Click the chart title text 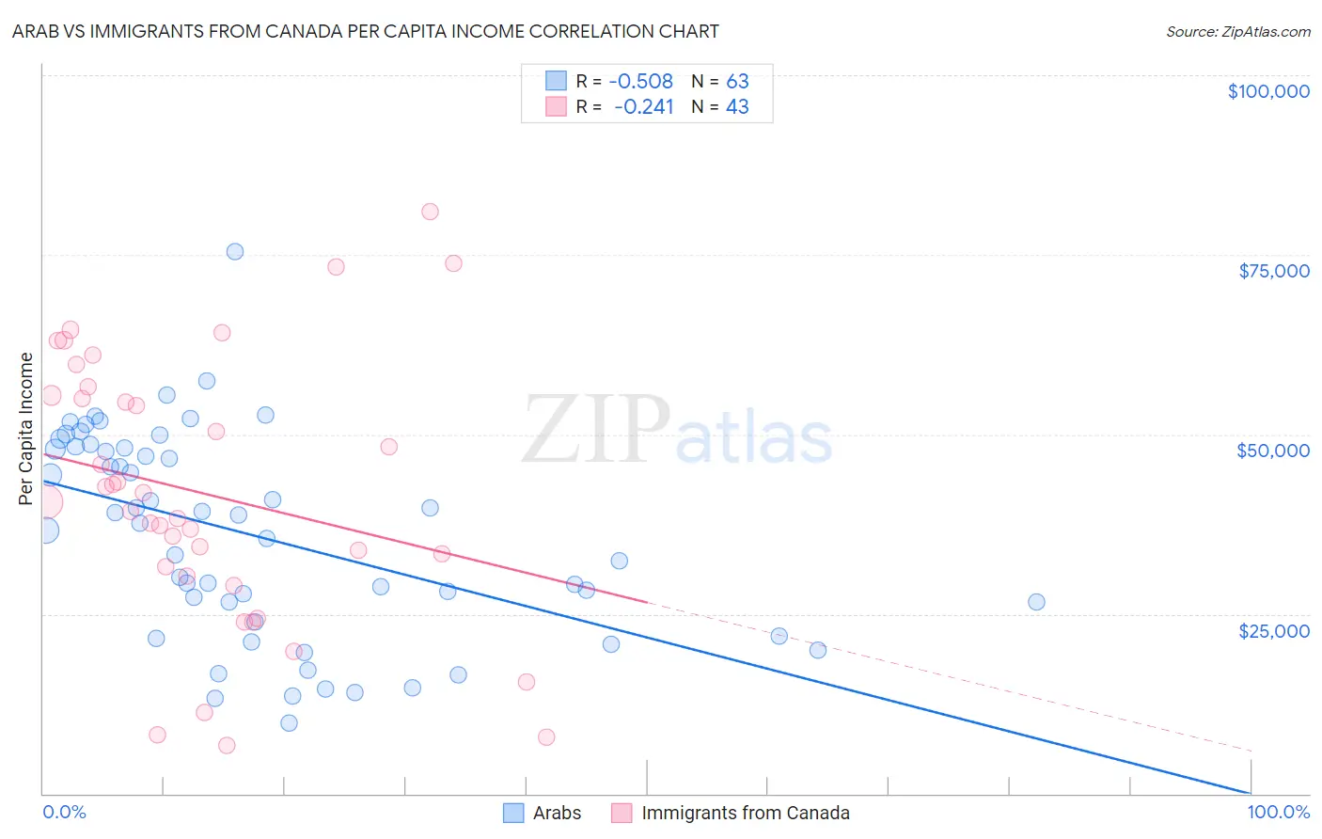pyautogui.click(x=365, y=31)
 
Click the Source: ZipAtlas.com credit pyautogui.click(x=1237, y=31)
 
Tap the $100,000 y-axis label pyautogui.click(x=1268, y=91)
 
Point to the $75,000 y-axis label pyautogui.click(x=1274, y=271)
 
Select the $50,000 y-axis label pyautogui.click(x=1273, y=451)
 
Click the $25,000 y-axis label pyautogui.click(x=1274, y=630)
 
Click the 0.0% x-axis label pyautogui.click(x=64, y=812)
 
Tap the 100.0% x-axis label pyautogui.click(x=1278, y=812)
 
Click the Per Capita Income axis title pyautogui.click(x=26, y=428)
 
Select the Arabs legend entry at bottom pyautogui.click(x=543, y=813)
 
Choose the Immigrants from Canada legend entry pyautogui.click(x=731, y=813)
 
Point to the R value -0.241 pyautogui.click(x=644, y=107)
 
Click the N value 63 pyautogui.click(x=737, y=82)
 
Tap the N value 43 pyautogui.click(x=737, y=107)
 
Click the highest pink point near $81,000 pyautogui.click(x=430, y=212)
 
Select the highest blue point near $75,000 pyautogui.click(x=235, y=251)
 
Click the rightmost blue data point pyautogui.click(x=1036, y=602)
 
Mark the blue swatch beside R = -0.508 pyautogui.click(x=557, y=81)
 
